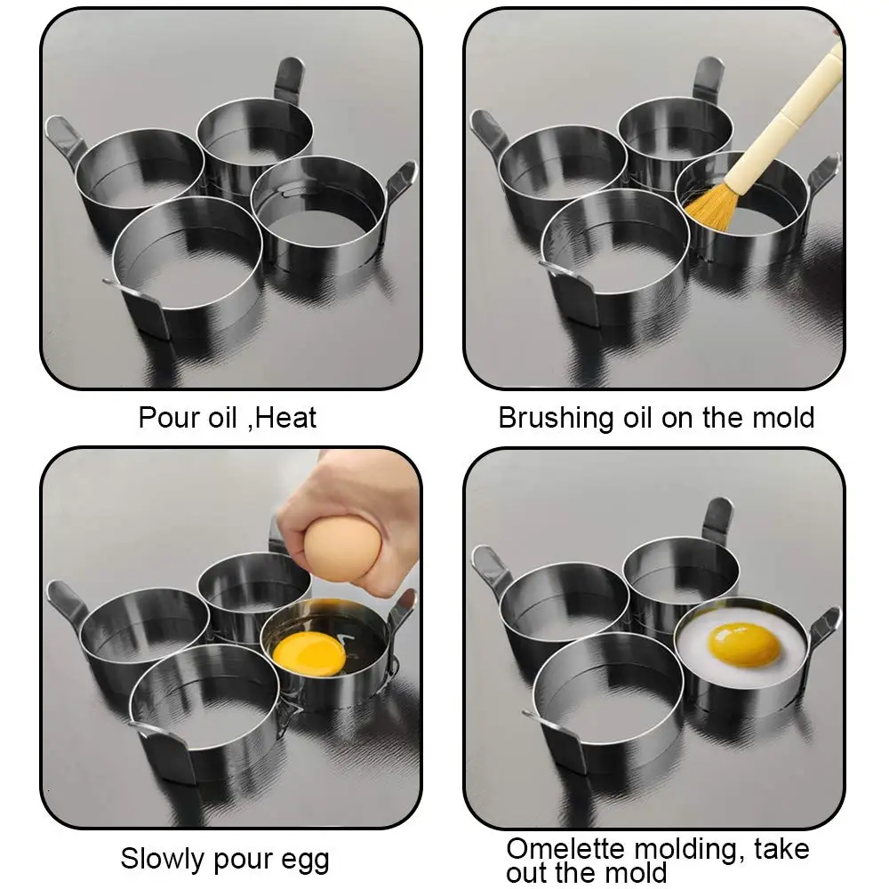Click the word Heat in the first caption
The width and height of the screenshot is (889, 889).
point(285,418)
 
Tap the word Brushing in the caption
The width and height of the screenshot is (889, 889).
point(556,419)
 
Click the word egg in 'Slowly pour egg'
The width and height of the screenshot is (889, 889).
point(305,861)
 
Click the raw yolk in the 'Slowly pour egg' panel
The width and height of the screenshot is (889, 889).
point(309,653)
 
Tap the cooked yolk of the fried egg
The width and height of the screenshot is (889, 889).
point(744,645)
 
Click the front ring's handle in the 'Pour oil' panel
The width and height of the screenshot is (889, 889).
point(139,306)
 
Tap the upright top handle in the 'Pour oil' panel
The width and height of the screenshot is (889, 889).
point(289,81)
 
